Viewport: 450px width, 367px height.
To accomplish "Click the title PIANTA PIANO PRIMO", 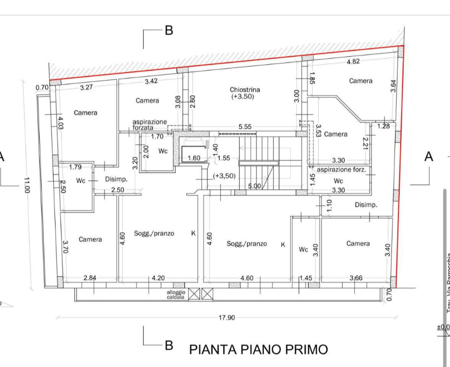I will point(259,349).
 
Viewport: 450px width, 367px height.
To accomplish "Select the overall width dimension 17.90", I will point(227,318).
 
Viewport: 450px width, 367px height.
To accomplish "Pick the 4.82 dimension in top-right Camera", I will point(353,62).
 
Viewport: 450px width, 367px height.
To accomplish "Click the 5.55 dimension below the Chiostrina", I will point(245,127).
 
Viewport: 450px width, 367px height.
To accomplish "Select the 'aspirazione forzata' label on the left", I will point(150,125).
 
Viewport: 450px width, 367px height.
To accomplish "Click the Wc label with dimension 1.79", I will point(80,180).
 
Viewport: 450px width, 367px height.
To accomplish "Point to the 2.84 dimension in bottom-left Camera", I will point(90,278).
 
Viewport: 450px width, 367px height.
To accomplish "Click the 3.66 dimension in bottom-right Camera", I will point(355,278).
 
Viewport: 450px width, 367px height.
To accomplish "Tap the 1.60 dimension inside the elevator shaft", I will point(194,158).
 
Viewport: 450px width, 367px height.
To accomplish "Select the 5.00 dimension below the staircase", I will point(255,187).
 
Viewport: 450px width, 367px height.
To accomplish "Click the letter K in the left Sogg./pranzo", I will point(193,233).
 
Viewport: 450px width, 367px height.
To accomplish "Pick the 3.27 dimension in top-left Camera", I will point(87,87).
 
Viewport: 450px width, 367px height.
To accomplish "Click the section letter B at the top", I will point(169,31).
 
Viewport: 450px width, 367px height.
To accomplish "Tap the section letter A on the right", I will point(429,156).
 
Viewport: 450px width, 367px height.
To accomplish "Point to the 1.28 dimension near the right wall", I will point(383,126).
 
